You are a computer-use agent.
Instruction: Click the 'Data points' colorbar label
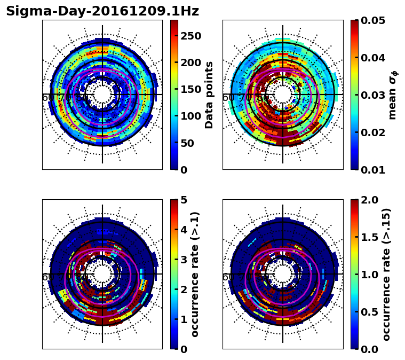pyautogui.click(x=209, y=95)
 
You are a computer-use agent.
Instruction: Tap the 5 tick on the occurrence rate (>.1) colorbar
pyautogui.click(x=184, y=200)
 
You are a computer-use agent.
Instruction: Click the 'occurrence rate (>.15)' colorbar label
pyautogui.click(x=387, y=274)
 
